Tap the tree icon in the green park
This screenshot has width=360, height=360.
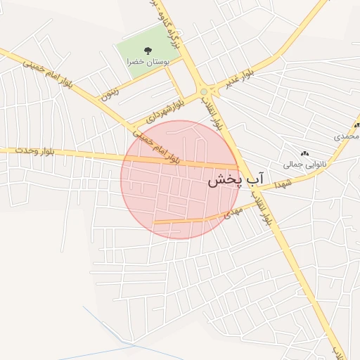(148, 50)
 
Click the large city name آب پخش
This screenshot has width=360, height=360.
(235, 180)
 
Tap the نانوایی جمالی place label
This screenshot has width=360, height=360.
(304, 165)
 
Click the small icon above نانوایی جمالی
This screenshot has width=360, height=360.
(304, 153)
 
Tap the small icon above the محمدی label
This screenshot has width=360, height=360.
(356, 124)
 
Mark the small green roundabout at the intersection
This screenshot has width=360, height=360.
(203, 91)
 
